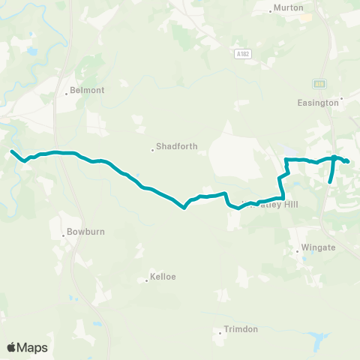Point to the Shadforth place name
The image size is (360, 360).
[x=178, y=146]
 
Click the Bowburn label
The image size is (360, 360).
[x=82, y=232]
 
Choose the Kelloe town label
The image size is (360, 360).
[x=163, y=277]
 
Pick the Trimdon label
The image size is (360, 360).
[x=241, y=329]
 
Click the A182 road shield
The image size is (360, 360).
[x=240, y=54]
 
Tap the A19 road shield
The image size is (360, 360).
[x=319, y=83]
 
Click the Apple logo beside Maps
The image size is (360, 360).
[x=12, y=347]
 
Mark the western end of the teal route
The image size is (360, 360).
[x=12, y=152]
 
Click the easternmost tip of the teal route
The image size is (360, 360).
[x=348, y=161]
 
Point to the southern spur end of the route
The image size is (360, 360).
[x=330, y=182]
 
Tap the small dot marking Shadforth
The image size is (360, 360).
[x=153, y=149]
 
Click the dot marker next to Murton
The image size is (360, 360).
[x=271, y=10]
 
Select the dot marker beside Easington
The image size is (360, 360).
[x=342, y=97]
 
